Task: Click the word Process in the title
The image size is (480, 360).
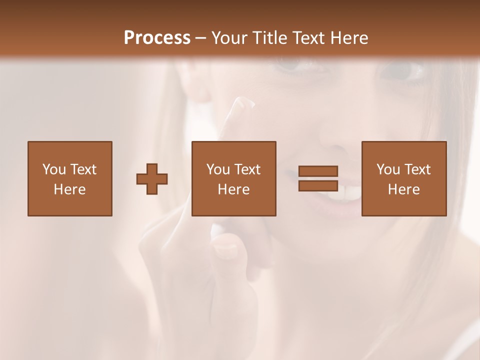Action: click(157, 38)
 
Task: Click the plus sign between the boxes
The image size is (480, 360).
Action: click(152, 179)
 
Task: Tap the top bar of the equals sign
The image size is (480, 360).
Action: click(318, 171)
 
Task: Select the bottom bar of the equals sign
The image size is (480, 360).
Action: click(318, 185)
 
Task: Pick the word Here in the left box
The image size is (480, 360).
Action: click(69, 189)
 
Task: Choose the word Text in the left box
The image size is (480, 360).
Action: click(83, 169)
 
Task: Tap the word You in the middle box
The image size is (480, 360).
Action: click(218, 169)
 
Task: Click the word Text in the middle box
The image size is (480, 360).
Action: click(247, 169)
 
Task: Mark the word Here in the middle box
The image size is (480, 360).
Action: click(233, 189)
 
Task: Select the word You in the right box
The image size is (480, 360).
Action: click(388, 169)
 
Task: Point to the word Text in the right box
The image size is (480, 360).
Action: click(417, 169)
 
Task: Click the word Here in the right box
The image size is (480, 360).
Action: click(403, 189)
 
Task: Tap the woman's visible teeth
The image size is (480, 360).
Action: click(347, 193)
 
